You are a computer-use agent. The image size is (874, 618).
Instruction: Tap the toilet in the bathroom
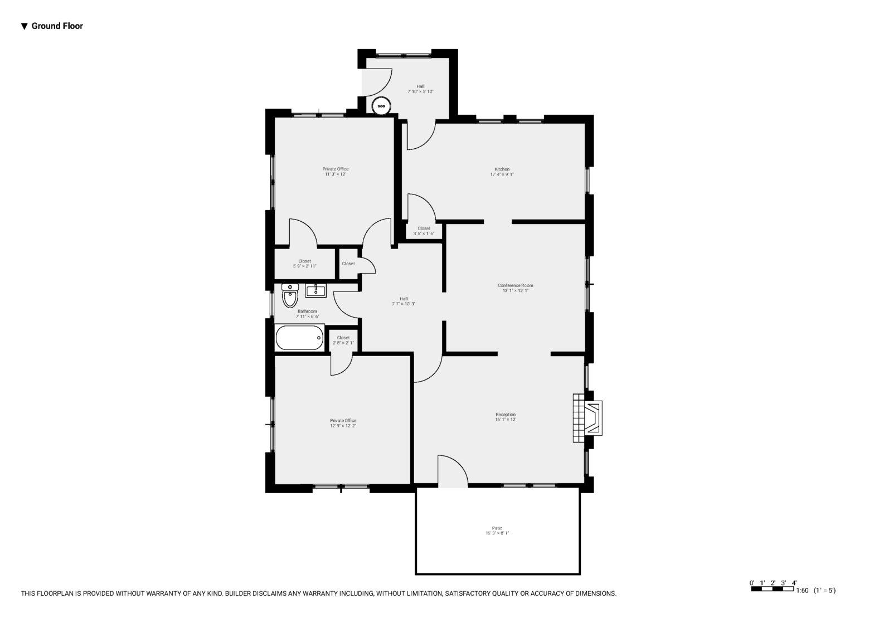click(290, 295)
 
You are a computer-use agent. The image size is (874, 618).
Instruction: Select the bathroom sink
click(315, 291)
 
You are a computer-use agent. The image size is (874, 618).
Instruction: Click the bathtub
click(300, 338)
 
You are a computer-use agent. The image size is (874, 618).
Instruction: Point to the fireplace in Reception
click(587, 418)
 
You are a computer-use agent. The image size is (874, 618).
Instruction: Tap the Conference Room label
click(516, 285)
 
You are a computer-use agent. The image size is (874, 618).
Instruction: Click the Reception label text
click(506, 415)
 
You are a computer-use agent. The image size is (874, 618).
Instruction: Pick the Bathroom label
click(307, 312)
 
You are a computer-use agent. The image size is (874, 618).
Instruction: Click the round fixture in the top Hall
click(381, 106)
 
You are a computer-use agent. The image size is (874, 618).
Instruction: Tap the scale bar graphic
click(773, 588)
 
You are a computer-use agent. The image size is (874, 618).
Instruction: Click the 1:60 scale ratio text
click(802, 590)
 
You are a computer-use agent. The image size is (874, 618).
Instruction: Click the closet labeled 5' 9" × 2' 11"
click(305, 264)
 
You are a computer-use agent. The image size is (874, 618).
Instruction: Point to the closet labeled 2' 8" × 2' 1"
click(343, 340)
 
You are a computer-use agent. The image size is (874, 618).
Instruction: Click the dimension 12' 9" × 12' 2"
click(343, 426)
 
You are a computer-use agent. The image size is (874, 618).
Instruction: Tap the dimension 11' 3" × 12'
click(336, 174)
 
